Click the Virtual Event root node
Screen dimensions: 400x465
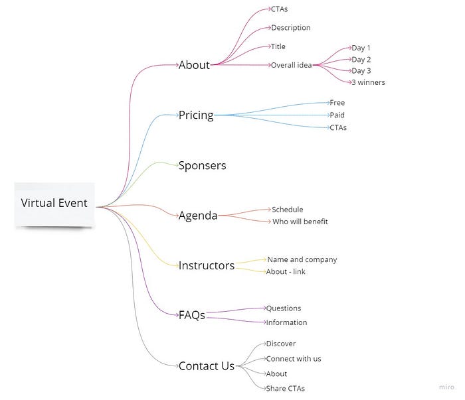pyautogui.click(x=54, y=203)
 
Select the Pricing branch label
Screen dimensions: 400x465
pyautogui.click(x=196, y=115)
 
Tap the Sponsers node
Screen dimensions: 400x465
pyautogui.click(x=202, y=165)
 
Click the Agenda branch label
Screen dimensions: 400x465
pyautogui.click(x=198, y=215)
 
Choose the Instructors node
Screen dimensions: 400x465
pyautogui.click(x=207, y=265)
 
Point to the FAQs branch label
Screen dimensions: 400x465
pyautogui.click(x=191, y=315)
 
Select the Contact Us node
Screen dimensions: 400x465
pyautogui.click(x=207, y=366)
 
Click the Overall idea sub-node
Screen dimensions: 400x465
pyautogui.click(x=292, y=65)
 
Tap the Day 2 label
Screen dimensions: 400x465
pyautogui.click(x=361, y=60)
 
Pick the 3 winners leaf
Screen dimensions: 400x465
pyautogui.click(x=368, y=82)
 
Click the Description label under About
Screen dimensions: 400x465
pyautogui.click(x=290, y=28)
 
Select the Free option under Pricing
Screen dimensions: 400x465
pyautogui.click(x=337, y=103)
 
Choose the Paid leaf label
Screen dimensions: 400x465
pyautogui.click(x=337, y=115)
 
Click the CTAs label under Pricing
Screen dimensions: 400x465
pyautogui.click(x=338, y=127)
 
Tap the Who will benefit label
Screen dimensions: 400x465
pyautogui.click(x=300, y=222)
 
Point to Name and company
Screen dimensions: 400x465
pyautogui.click(x=302, y=259)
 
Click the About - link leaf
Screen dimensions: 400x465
pyautogui.click(x=286, y=271)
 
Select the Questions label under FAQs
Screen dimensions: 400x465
pyautogui.click(x=284, y=308)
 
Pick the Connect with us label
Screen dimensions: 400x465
pyautogui.click(x=293, y=359)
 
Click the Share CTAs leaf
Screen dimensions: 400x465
pyautogui.click(x=285, y=389)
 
